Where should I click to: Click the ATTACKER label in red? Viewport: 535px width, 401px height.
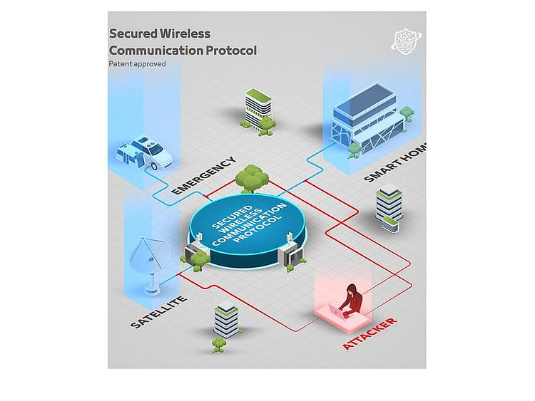pyautogui.click(x=370, y=333)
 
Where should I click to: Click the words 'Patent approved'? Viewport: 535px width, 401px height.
pyautogui.click(x=137, y=64)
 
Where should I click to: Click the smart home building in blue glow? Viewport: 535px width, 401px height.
pyautogui.click(x=366, y=118)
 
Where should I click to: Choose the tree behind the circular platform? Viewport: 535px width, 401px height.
pyautogui.click(x=249, y=178)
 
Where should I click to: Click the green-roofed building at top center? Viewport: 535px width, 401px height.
pyautogui.click(x=258, y=107)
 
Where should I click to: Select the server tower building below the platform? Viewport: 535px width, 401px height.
pyautogui.click(x=226, y=320)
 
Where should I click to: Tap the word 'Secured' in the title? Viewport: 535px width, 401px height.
pyautogui.click(x=133, y=33)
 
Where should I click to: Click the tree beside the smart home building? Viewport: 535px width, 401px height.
pyautogui.click(x=406, y=115)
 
